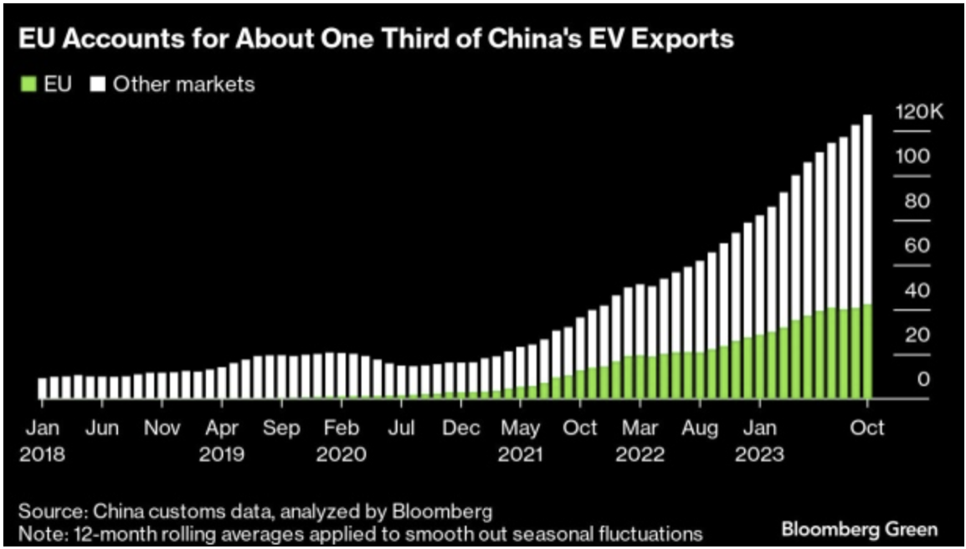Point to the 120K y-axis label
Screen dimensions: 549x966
point(918,112)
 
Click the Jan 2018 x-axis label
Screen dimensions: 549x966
point(42,440)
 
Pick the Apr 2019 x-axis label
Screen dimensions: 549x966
point(222,440)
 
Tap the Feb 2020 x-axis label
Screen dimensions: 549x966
point(341,440)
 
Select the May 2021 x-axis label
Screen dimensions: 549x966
point(521,440)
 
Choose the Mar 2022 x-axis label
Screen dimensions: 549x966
point(640,440)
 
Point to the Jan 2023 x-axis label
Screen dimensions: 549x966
point(759,440)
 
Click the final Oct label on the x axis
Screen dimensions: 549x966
point(867,428)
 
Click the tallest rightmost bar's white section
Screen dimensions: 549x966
point(867,209)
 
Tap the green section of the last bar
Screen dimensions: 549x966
point(867,351)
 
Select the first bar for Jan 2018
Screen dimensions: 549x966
point(42,388)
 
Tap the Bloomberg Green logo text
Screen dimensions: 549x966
point(859,529)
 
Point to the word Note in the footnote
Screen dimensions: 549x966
point(37,533)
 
